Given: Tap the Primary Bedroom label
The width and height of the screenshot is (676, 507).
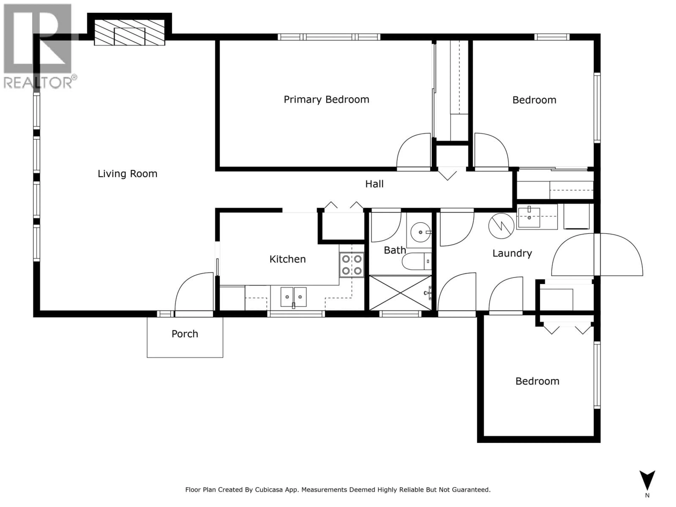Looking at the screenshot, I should click(x=326, y=100).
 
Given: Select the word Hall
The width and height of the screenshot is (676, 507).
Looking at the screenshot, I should click(x=374, y=184).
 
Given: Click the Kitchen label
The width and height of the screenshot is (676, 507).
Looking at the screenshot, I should click(x=287, y=259).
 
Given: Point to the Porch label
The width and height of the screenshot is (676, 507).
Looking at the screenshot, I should click(x=185, y=334).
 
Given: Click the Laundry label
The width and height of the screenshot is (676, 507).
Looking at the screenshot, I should click(x=512, y=253).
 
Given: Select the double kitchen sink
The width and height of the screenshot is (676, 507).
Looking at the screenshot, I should click(x=293, y=297).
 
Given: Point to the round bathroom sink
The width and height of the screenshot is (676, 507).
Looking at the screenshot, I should click(x=420, y=232).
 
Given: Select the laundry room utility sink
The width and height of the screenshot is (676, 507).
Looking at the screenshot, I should click(x=529, y=217).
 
